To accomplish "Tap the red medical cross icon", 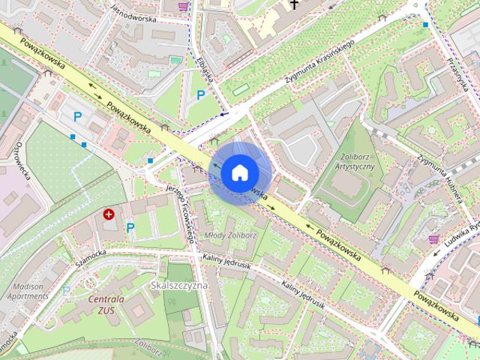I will [x=109, y=214].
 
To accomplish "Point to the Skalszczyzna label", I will [x=178, y=286].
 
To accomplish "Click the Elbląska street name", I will [x=207, y=68].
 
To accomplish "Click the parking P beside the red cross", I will [x=130, y=228].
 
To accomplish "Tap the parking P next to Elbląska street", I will [x=200, y=95].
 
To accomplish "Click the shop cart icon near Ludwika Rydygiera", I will [x=433, y=238].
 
